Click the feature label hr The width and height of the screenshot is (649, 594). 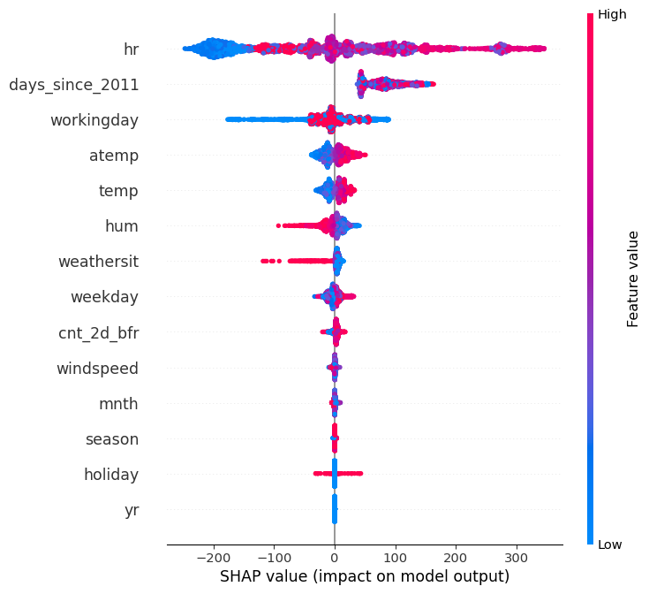pos(131,49)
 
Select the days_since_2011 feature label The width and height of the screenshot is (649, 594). pos(73,85)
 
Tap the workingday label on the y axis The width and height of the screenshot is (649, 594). pos(94,120)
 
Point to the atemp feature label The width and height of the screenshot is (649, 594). pos(114,156)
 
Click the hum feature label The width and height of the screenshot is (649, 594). pos(122,226)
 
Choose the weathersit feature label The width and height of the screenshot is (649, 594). pos(98,262)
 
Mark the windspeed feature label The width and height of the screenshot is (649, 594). pos(97,368)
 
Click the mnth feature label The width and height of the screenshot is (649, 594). pos(118,404)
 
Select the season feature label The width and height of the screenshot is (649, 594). pos(111,439)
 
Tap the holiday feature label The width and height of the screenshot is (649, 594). pos(111,475)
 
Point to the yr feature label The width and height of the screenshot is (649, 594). pos(131,510)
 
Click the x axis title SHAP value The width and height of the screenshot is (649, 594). pos(364,576)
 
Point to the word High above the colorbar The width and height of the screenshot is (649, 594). pos(613,14)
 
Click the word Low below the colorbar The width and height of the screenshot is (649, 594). pos(611,544)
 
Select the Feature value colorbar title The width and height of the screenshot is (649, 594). pos(633,278)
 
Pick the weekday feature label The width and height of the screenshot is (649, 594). pos(104,297)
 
